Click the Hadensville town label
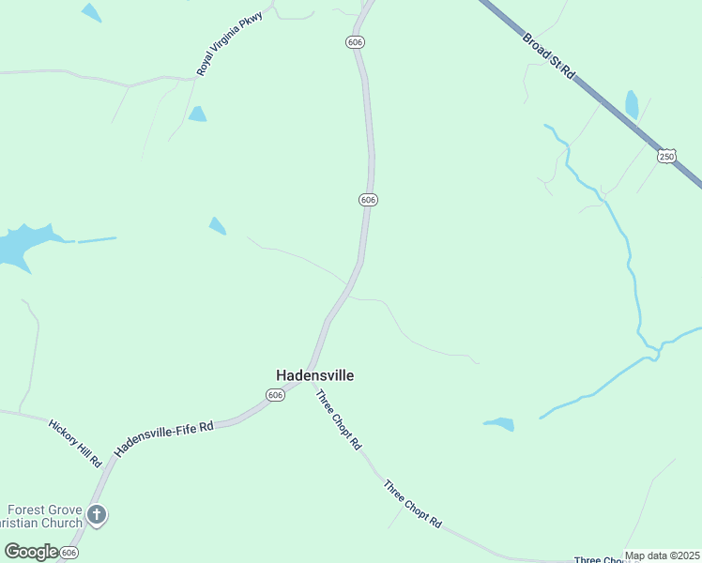(x=314, y=375)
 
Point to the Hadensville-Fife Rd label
(x=164, y=439)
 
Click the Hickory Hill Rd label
(x=75, y=442)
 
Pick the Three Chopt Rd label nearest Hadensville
(x=338, y=419)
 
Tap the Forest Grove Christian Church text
(x=41, y=515)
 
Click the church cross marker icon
(x=97, y=514)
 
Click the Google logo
(x=31, y=552)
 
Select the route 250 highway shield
(x=666, y=156)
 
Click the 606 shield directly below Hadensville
(x=275, y=396)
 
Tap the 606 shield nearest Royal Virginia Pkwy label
(x=354, y=42)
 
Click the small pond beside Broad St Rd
(x=632, y=104)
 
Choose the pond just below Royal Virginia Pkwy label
(x=197, y=114)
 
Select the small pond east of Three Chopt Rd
(x=499, y=424)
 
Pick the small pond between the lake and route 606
(x=217, y=225)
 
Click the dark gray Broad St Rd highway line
(x=601, y=94)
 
